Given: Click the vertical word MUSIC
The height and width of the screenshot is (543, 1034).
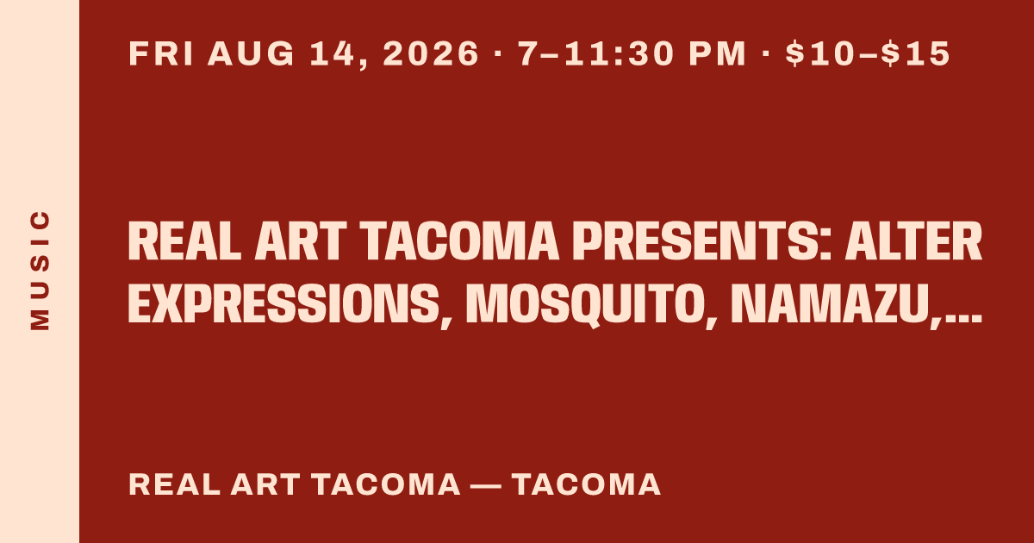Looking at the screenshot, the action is coord(40,270).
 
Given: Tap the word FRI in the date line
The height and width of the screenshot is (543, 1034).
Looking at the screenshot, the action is coord(161,53).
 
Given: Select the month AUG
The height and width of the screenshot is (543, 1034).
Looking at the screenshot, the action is coord(251,53).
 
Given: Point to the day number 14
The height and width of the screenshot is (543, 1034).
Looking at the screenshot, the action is coord(333,53).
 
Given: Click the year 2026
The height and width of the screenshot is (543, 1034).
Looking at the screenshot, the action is coord(431,53).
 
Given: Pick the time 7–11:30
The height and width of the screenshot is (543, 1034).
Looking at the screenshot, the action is coord(596,53).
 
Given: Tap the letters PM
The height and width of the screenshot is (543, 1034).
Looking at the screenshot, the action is coord(717,53).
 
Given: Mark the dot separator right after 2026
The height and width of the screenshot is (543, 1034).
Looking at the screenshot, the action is coord(498,53).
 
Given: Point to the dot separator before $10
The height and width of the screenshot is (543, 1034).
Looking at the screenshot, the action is coord(766,53).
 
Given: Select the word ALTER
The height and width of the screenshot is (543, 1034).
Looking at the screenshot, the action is coord(913,241).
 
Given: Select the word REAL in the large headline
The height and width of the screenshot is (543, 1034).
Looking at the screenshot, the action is coord(184,241).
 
